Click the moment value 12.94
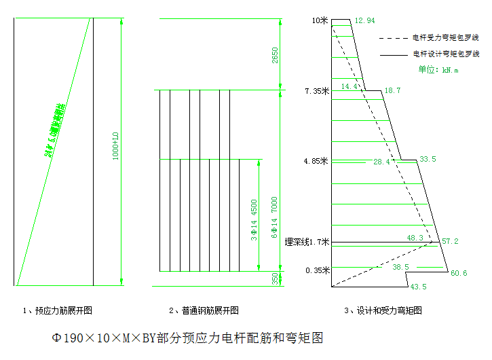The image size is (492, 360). tap(364, 20)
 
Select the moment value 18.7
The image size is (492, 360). tap(392, 90)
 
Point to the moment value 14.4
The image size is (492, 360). tap(349, 87)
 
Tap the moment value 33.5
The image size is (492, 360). tap(428, 159)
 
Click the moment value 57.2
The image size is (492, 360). tap(450, 241)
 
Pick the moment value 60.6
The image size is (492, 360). tap(459, 273)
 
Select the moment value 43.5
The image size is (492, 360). tap(419, 287)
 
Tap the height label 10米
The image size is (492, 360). tap(320, 20)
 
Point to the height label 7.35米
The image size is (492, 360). tap(317, 90)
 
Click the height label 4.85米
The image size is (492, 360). tap(317, 161)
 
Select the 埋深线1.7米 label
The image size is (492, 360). tap(307, 241)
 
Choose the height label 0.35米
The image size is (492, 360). tap(317, 270)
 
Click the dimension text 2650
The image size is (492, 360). tap(275, 55)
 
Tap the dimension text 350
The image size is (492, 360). tap(274, 278)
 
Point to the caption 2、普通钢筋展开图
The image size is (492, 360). tap(204, 310)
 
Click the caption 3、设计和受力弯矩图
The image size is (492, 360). tap(383, 310)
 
